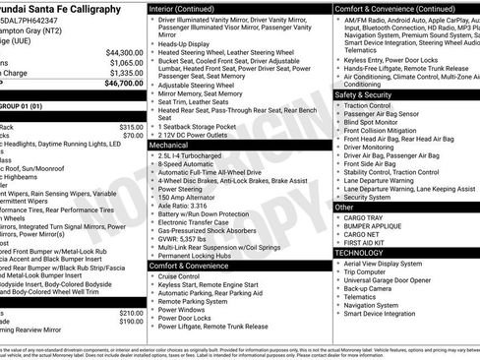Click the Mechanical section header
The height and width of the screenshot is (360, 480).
pos(169,144)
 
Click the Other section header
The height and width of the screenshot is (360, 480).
pos(344,207)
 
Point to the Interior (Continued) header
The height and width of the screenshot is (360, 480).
pos(188,8)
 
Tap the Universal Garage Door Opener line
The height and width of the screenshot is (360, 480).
pos(399,281)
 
